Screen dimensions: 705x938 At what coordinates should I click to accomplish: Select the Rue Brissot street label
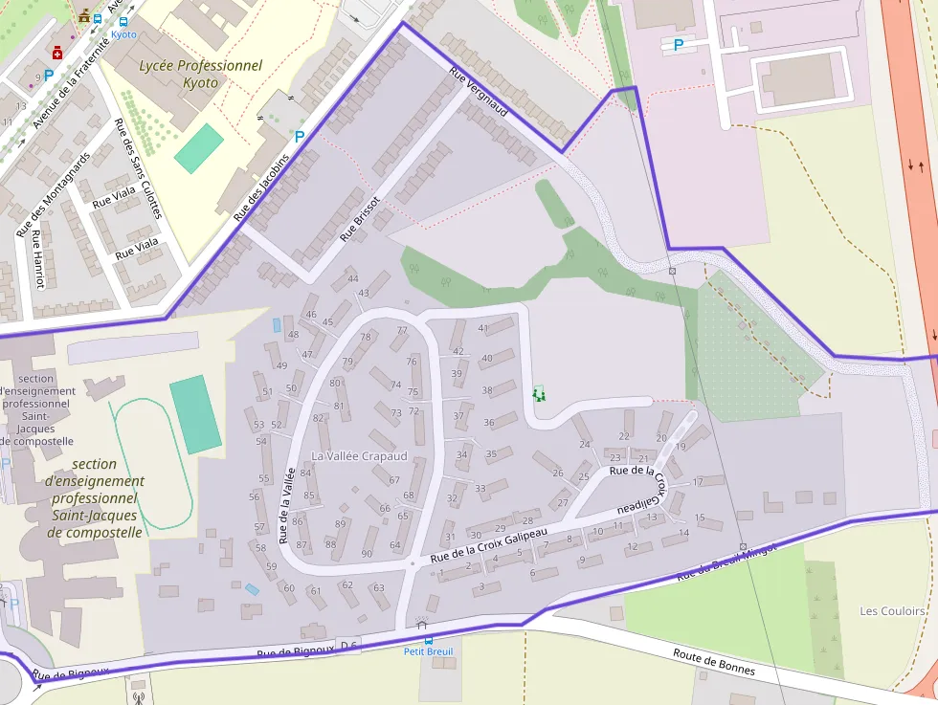[x=360, y=221]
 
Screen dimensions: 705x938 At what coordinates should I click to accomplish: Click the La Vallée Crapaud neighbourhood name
[x=359, y=456]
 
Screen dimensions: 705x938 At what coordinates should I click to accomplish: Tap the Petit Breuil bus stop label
[x=428, y=652]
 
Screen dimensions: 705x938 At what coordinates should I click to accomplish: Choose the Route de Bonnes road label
[x=713, y=663]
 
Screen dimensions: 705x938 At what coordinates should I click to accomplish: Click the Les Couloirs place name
[x=892, y=611]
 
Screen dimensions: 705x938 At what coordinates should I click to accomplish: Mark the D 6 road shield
[x=348, y=647]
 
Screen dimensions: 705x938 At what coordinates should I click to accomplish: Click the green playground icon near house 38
[x=539, y=393]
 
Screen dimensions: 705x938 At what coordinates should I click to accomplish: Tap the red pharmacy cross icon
[x=57, y=54]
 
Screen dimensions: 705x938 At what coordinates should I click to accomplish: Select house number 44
[x=352, y=278]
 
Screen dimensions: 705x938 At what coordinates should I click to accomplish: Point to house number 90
[x=367, y=554]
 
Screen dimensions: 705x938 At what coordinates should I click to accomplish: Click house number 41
[x=483, y=328]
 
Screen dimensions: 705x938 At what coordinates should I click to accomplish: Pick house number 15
[x=701, y=518]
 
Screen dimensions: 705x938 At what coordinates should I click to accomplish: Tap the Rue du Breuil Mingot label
[x=727, y=562]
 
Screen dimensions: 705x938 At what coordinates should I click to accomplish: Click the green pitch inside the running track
[x=194, y=414]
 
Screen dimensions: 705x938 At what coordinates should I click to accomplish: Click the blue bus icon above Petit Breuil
[x=428, y=640]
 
